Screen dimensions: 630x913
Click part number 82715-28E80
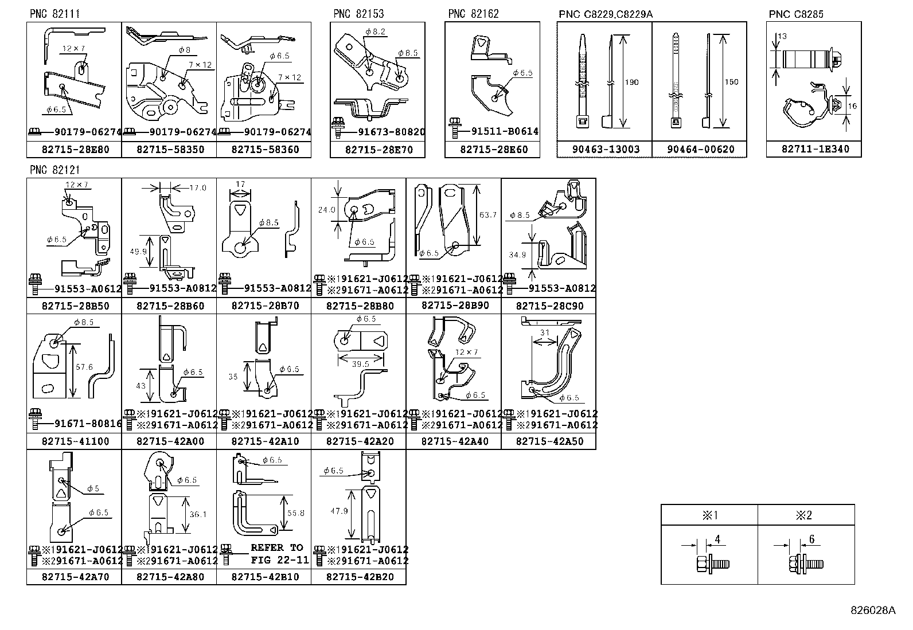74,150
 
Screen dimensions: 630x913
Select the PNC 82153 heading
358,14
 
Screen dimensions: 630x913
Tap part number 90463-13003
605,150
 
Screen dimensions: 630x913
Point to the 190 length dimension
631,82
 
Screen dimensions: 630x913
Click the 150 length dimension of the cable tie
731,82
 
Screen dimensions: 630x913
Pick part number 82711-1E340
814,149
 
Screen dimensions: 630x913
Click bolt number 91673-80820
392,132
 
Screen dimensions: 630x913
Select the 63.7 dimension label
487,215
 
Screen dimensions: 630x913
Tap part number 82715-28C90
549,306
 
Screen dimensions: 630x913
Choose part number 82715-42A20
359,441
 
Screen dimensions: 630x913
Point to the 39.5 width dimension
360,364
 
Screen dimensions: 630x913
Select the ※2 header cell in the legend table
805,515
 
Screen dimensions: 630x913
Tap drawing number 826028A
872,611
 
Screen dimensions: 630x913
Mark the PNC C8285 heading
796,14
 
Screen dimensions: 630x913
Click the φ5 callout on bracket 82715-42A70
93,489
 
